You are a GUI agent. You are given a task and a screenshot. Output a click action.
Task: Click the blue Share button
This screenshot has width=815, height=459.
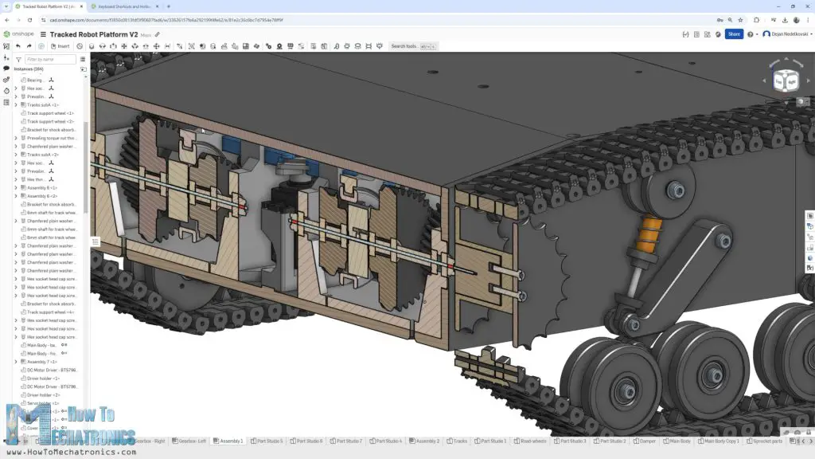coord(733,34)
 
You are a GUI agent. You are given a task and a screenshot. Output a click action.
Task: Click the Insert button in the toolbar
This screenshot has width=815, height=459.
coord(60,46)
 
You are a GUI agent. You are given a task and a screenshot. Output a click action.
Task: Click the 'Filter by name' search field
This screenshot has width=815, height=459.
coord(50,59)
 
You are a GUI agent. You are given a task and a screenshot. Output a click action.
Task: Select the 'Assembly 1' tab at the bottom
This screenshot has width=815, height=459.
coord(231,441)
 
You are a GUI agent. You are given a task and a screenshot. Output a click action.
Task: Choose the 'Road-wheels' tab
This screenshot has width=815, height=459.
coord(531,441)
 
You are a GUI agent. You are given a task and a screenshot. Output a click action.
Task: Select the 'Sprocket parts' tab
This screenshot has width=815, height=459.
coord(767,441)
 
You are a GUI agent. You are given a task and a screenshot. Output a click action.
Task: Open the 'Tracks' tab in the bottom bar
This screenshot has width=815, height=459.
coord(459,441)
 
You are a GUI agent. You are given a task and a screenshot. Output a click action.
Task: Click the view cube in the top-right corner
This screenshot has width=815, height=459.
coord(786,80)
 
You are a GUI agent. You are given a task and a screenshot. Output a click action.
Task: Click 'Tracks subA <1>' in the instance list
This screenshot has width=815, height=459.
coord(43,105)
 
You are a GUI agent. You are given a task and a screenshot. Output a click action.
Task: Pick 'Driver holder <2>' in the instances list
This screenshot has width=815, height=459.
coord(44,395)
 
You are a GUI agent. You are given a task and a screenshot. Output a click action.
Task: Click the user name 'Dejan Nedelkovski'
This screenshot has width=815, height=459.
coord(787,34)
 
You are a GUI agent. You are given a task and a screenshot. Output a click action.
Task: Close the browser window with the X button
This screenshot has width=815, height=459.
coord(804,6)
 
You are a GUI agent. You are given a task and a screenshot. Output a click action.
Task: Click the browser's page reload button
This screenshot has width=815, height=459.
coord(29,20)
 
